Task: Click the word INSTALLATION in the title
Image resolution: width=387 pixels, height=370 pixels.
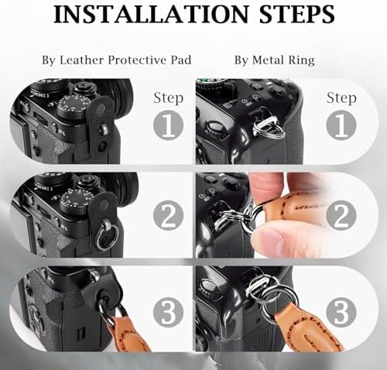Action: coord(151,14)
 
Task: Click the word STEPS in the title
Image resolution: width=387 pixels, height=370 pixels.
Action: coord(297,14)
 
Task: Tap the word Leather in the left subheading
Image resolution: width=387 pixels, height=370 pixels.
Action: coord(81,60)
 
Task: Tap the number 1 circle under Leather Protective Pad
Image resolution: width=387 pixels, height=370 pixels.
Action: coord(168,125)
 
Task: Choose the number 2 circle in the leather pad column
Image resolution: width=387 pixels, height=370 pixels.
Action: coord(168,215)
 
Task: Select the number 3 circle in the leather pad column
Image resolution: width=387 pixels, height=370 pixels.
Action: coord(168,312)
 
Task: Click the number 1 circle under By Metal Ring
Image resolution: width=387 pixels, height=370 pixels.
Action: coord(341,125)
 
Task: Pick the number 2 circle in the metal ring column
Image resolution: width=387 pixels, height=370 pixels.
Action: coord(341,215)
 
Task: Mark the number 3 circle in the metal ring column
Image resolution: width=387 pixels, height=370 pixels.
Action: coord(341,312)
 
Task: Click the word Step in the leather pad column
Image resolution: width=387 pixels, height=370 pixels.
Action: coord(169,98)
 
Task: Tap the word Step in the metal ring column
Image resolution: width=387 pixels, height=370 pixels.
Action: coord(341,98)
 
